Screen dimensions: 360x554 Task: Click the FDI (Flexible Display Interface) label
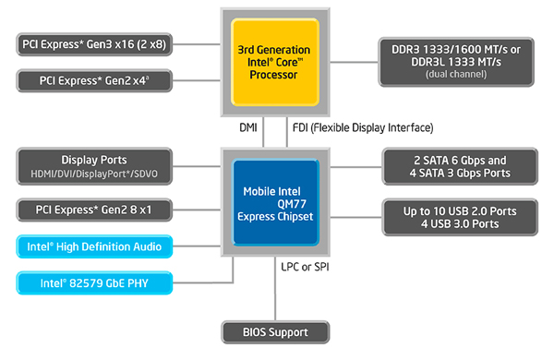[362, 127]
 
